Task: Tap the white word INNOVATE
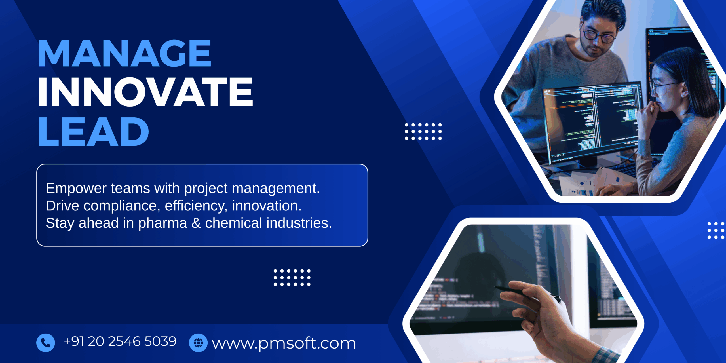click(x=145, y=92)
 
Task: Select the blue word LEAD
click(x=94, y=132)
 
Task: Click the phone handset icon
click(x=45, y=343)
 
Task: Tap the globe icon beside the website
click(x=198, y=343)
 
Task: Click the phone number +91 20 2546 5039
click(x=120, y=341)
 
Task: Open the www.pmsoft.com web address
click(x=284, y=343)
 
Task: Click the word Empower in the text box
click(x=76, y=189)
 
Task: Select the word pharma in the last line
click(x=162, y=223)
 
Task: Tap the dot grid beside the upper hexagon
click(x=423, y=132)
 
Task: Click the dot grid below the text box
click(x=292, y=278)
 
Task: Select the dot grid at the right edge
click(x=716, y=230)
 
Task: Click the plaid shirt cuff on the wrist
click(x=607, y=356)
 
